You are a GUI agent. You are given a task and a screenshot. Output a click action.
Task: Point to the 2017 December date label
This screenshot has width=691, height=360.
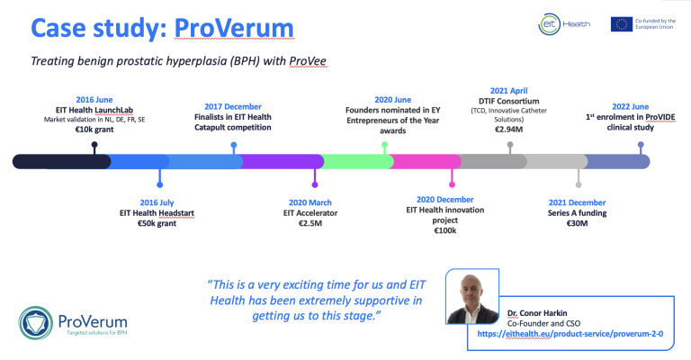(x=233, y=105)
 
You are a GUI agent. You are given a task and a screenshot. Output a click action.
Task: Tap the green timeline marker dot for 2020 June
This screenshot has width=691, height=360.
(x=385, y=144)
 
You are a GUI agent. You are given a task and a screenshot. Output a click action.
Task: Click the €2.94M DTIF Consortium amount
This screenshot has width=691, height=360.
(x=509, y=129)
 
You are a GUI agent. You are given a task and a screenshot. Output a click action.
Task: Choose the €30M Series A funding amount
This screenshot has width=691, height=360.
(x=577, y=222)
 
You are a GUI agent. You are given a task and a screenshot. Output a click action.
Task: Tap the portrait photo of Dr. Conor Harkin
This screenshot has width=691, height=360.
(x=474, y=296)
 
